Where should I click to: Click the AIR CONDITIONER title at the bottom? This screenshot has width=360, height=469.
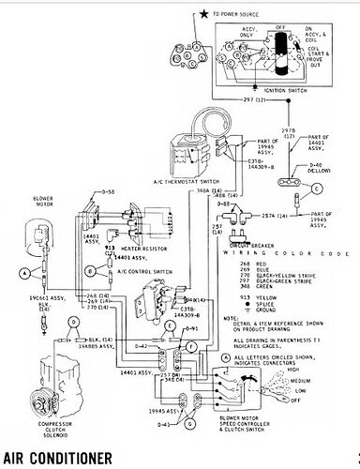[x=56, y=458]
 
